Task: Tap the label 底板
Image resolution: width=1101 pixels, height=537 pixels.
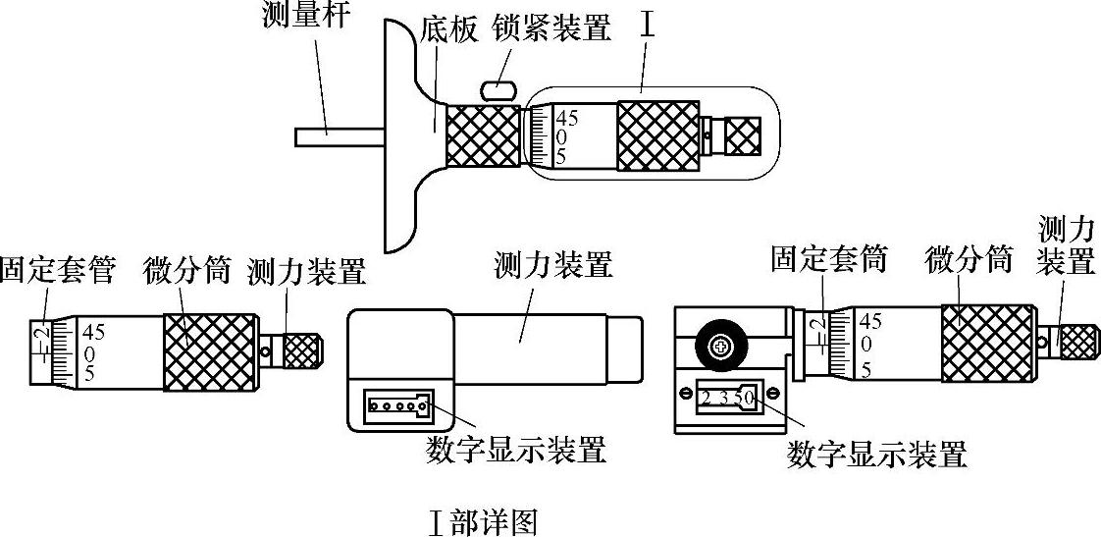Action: point(448,28)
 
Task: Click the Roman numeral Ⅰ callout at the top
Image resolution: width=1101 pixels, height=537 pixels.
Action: point(648,27)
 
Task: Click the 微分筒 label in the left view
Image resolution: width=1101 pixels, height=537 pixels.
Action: point(185,268)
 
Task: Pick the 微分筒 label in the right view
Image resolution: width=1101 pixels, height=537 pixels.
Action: point(969,260)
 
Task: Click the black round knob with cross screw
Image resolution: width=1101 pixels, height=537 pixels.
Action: point(721,345)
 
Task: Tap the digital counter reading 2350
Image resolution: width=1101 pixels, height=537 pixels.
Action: point(727,398)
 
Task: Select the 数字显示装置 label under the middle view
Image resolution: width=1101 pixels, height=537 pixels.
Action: point(517,450)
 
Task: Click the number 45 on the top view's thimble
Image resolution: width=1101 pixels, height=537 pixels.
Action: point(568,119)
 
